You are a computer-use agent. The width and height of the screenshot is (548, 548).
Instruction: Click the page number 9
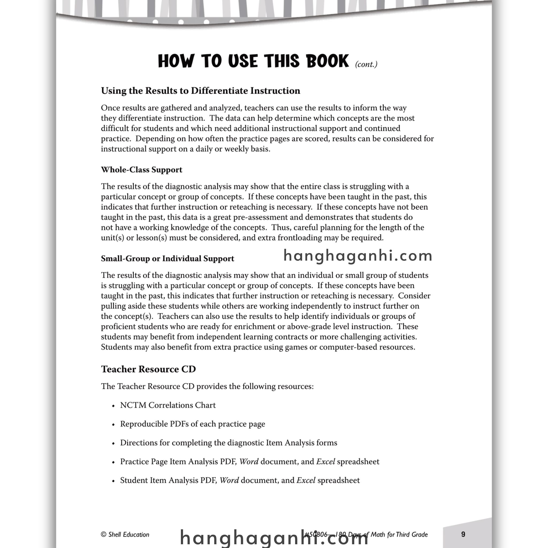463,534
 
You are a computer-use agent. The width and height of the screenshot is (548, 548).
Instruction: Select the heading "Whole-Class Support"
142,170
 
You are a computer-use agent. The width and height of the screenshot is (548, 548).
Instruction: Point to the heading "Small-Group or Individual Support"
167,258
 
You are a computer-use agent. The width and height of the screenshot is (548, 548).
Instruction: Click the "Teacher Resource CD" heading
148,369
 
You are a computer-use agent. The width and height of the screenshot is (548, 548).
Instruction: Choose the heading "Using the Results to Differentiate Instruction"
200,91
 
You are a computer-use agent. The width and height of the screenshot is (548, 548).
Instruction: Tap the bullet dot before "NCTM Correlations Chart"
113,406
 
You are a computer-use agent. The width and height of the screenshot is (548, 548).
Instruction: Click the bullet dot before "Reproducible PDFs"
113,425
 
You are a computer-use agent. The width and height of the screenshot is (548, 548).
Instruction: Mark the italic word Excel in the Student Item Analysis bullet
306,480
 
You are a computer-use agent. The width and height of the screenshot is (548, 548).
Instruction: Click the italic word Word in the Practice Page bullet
249,462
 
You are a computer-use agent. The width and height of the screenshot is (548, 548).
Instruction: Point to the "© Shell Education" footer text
125,534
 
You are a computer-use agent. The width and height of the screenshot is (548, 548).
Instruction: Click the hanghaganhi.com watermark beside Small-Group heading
358,256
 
